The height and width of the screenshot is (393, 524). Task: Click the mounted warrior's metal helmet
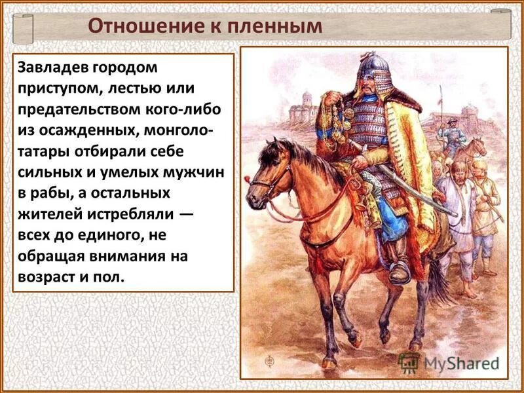click(373, 65)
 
